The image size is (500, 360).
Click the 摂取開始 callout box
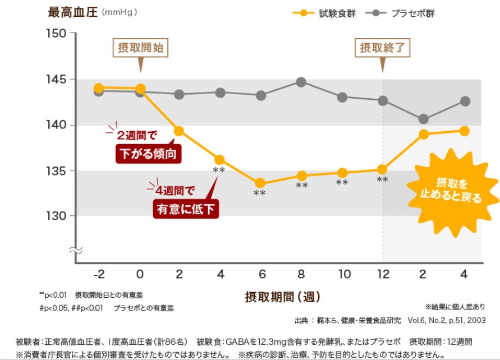pos(140,48)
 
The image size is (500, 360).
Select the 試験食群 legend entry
pos(325,13)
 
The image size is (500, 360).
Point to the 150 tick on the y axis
pos(58,34)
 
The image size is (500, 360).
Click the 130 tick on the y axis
pos(58,216)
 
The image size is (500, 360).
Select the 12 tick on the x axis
pos(383,274)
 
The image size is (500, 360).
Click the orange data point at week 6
pos(260,183)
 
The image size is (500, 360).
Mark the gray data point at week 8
pos(301,82)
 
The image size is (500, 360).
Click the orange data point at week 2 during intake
pos(179,131)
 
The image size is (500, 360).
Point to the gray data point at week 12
pos(383,101)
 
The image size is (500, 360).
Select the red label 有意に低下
pos(185,209)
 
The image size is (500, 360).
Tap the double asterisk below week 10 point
pos(342,183)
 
